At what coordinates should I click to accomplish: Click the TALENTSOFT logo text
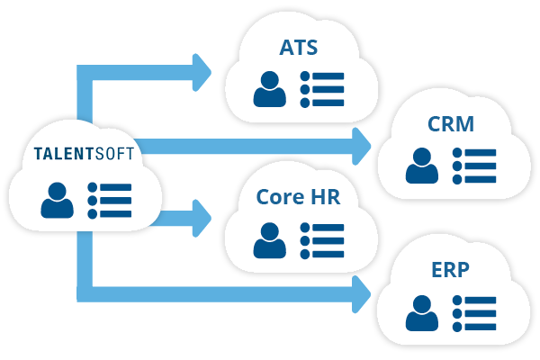pyautogui.click(x=84, y=154)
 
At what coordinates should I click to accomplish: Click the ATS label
pyautogui.click(x=298, y=47)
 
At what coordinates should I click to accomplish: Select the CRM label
pyautogui.click(x=451, y=123)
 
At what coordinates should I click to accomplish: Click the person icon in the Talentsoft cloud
pyautogui.click(x=58, y=200)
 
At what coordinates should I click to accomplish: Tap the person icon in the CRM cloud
pyautogui.click(x=421, y=166)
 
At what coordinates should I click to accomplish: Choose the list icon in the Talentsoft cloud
pyautogui.click(x=109, y=200)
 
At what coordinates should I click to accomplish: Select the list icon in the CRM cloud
pyautogui.click(x=473, y=166)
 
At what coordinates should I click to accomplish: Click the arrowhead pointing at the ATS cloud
pyautogui.click(x=202, y=69)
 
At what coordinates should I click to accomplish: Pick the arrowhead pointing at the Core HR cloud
pyautogui.click(x=202, y=217)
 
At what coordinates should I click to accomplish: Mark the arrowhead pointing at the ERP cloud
pyautogui.click(x=361, y=293)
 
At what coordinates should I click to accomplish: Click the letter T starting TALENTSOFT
pyautogui.click(x=38, y=154)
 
